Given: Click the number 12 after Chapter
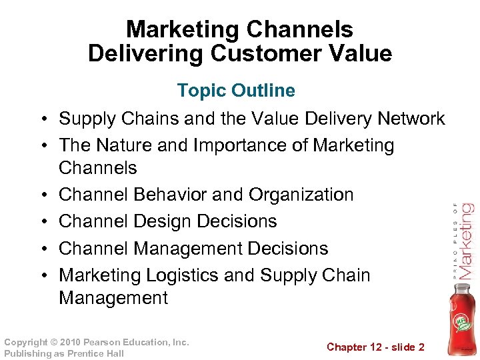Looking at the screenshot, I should click(x=371, y=347).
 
